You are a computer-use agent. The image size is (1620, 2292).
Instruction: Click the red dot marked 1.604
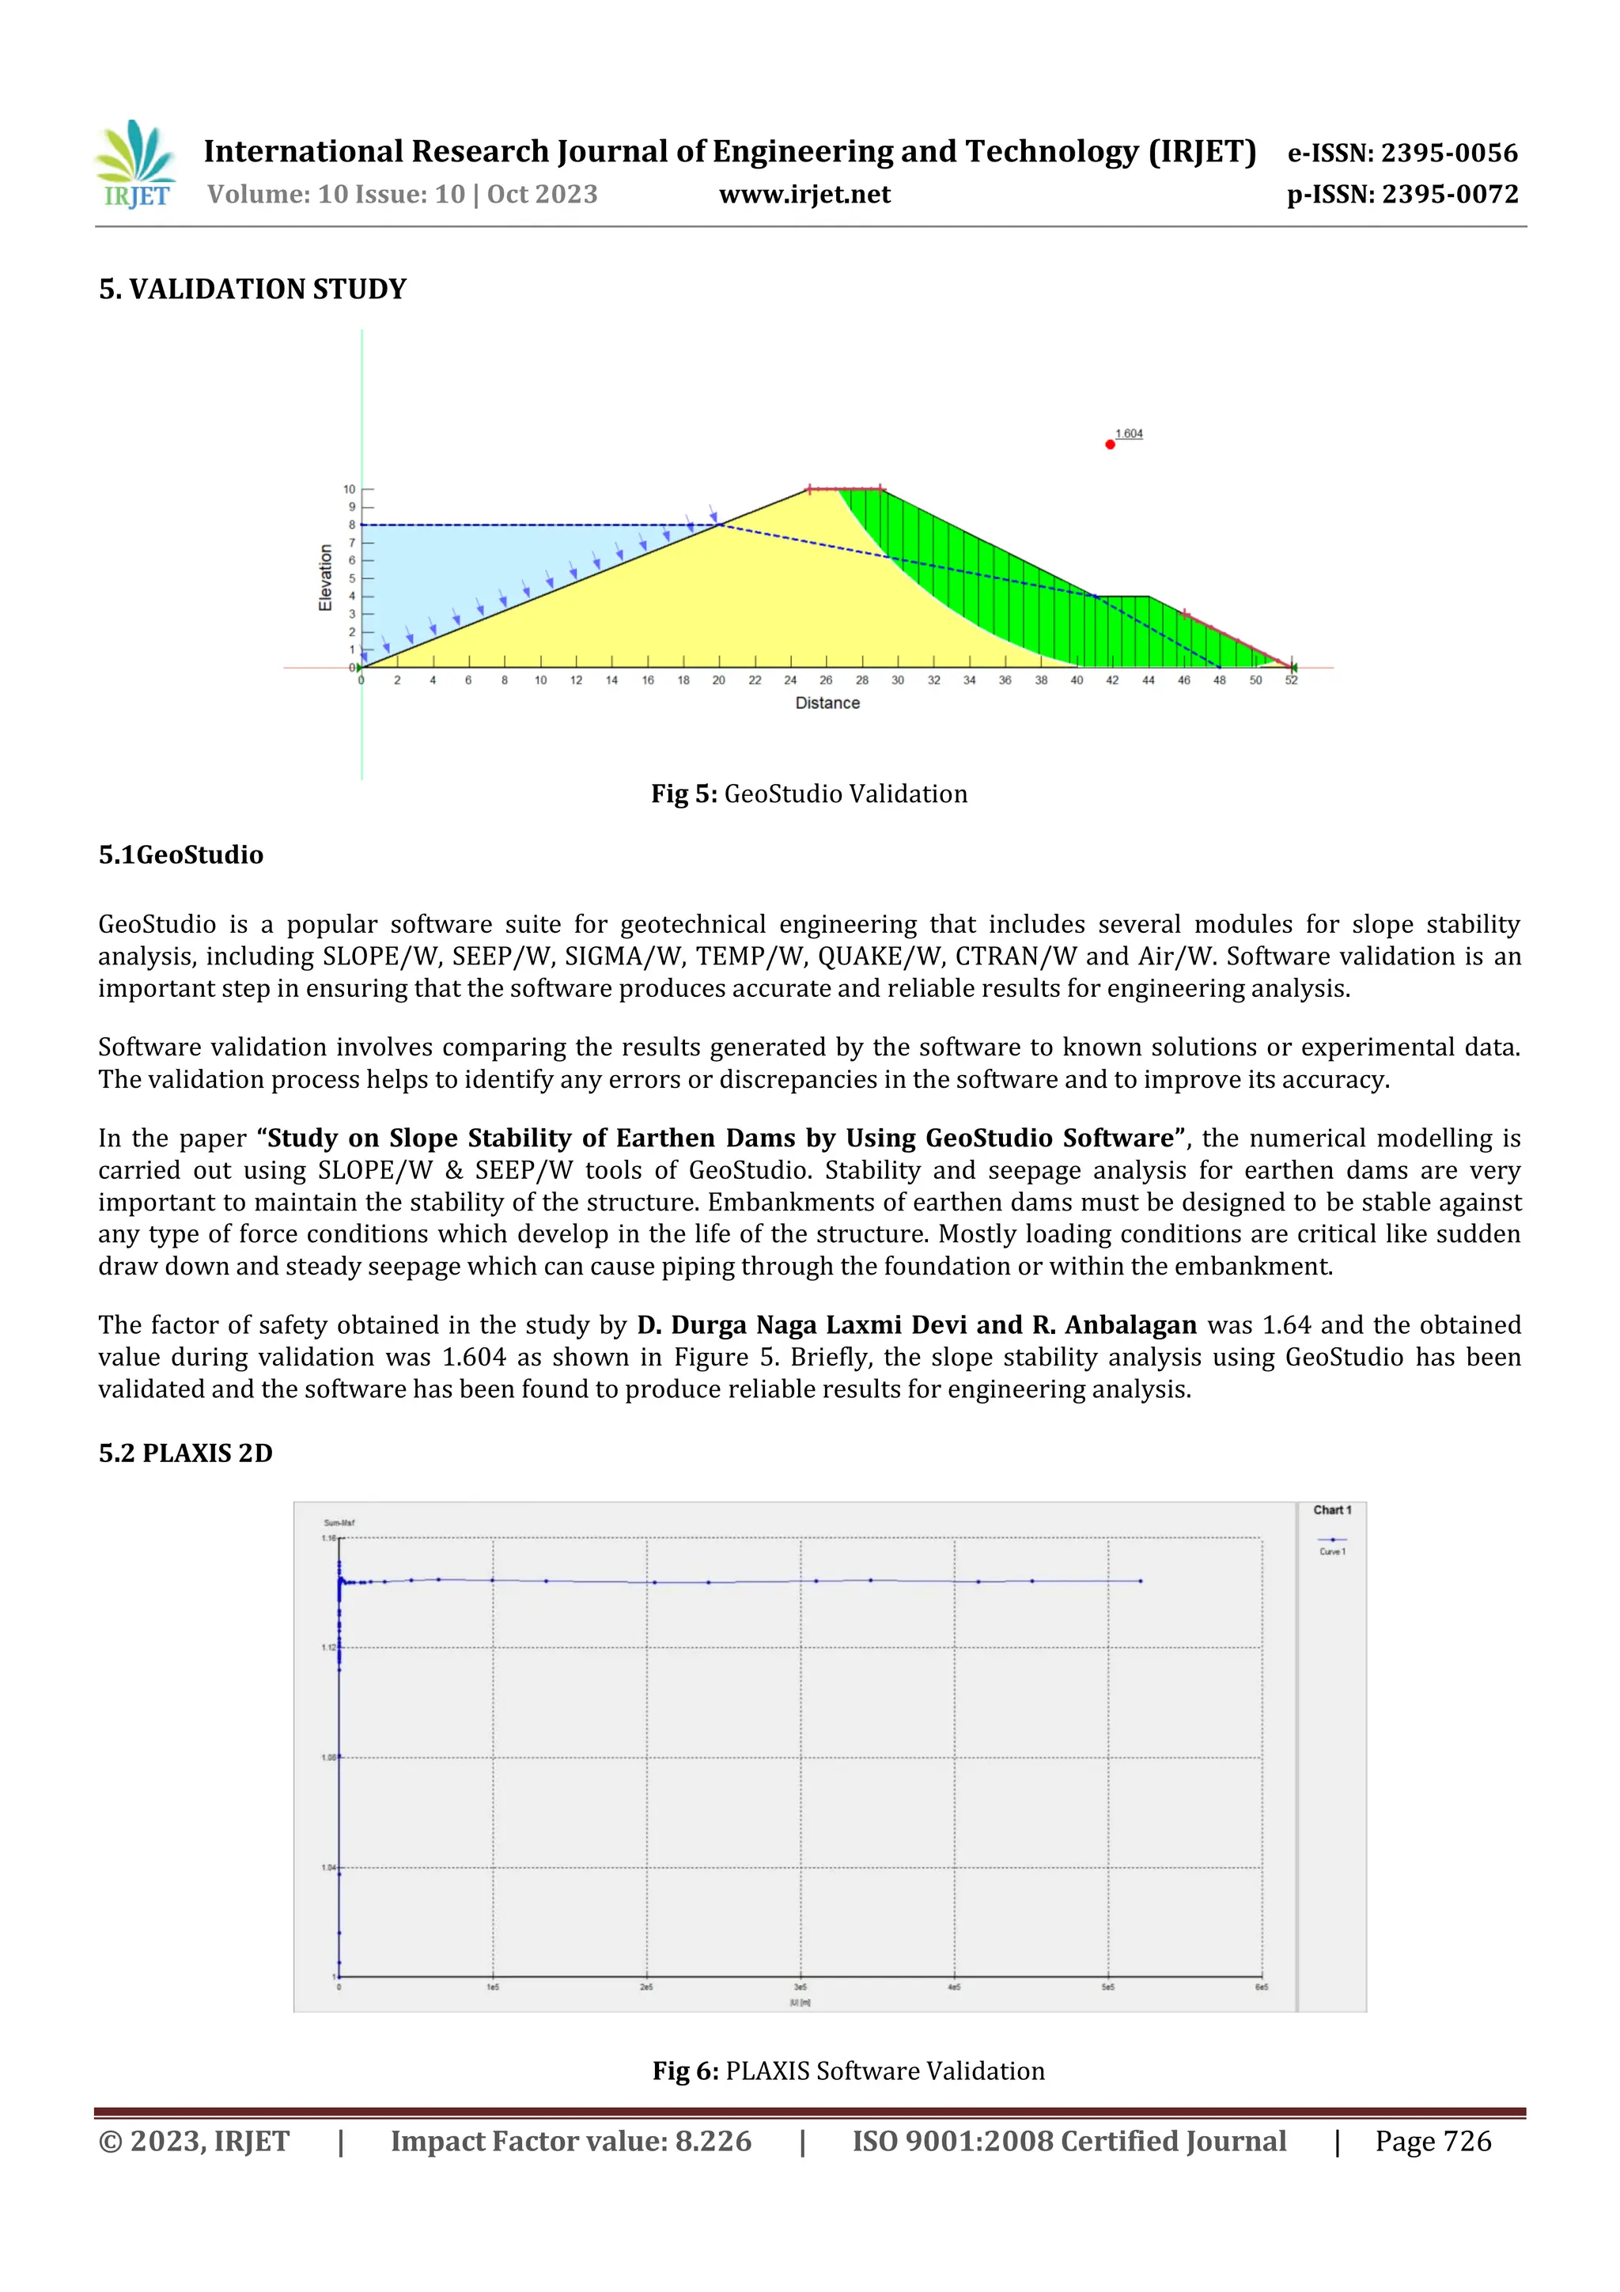(x=1110, y=444)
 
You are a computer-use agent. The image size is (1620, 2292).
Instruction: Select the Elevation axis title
(x=325, y=578)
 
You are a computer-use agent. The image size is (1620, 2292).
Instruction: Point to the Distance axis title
(x=827, y=703)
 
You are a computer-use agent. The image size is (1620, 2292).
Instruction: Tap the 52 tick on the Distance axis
(x=1291, y=681)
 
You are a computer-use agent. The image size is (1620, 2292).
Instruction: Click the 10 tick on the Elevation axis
(x=350, y=489)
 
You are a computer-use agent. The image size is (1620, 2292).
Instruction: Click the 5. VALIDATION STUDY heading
(x=252, y=290)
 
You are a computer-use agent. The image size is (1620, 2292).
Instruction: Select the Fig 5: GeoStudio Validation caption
(x=808, y=794)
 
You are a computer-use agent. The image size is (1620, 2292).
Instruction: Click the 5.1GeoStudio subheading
(x=180, y=854)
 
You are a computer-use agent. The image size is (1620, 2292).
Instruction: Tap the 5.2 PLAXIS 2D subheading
(x=186, y=1453)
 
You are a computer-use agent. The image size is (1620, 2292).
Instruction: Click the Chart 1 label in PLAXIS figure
(x=1331, y=1510)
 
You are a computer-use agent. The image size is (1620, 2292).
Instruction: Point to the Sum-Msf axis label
(x=339, y=1522)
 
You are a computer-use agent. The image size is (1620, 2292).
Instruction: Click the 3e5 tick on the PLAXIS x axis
(x=801, y=1987)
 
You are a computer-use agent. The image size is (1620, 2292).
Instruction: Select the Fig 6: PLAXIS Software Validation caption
(x=849, y=2070)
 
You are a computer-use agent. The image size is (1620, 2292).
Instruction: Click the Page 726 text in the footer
(x=1433, y=2141)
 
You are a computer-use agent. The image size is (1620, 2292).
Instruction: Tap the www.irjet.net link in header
(x=804, y=195)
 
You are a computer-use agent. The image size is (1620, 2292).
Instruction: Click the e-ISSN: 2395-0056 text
(x=1402, y=153)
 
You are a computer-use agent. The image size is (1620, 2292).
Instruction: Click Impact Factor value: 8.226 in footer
(x=570, y=2141)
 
